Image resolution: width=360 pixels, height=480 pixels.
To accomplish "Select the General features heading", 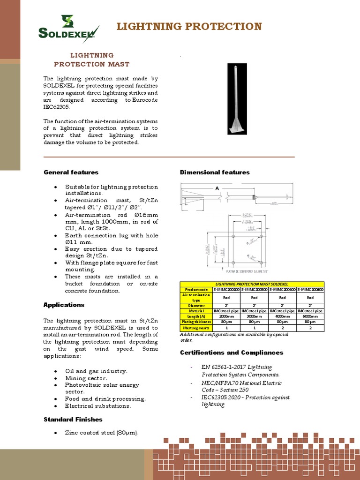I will pyautogui.click(x=71, y=172).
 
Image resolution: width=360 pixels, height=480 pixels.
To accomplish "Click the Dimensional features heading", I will pyautogui.click(x=215, y=172).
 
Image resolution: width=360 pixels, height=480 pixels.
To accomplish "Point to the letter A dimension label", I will pyautogui.click(x=217, y=188).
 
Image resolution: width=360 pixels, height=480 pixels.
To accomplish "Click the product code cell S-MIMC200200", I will pyautogui.click(x=226, y=290).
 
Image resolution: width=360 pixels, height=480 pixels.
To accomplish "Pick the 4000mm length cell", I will pyautogui.click(x=282, y=316).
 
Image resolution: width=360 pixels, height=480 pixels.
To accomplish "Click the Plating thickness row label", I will pyautogui.click(x=196, y=322).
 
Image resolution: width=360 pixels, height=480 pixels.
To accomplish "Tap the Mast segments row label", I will pyautogui.click(x=196, y=328).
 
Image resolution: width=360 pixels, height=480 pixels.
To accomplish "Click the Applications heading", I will pyautogui.click(x=64, y=305).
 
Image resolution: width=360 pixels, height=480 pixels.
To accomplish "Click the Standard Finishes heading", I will pyautogui.click(x=73, y=420).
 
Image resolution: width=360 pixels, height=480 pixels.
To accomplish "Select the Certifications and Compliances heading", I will pyautogui.click(x=232, y=352).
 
